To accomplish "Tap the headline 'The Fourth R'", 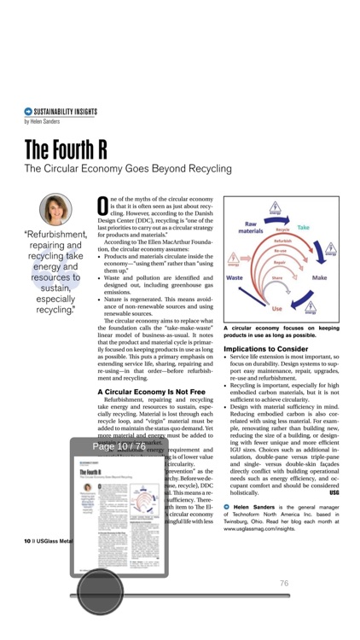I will click(66, 149).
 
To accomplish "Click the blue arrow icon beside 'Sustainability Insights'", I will click(28, 112).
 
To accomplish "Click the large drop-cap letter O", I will click(102, 206).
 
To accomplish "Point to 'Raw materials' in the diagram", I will click(250, 227).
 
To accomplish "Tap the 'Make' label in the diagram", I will click(320, 278).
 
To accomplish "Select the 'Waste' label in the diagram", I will click(236, 278).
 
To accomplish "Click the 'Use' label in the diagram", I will click(277, 308).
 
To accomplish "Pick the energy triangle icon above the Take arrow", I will click(276, 207).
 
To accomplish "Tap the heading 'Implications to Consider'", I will click(265, 349).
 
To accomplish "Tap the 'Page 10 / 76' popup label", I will click(119, 446).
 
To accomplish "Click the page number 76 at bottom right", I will click(284, 584).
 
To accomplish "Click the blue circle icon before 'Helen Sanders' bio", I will click(227, 507).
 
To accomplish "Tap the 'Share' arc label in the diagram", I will click(277, 278).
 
